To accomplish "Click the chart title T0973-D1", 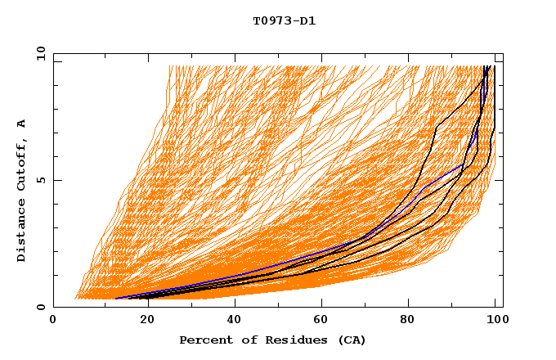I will point(284,20).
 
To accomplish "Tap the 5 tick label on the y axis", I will point(40,180).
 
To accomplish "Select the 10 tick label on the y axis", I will point(38,53).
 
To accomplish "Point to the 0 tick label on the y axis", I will point(40,307).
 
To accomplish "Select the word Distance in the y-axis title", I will point(21,231).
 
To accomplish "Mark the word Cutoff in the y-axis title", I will point(21,166).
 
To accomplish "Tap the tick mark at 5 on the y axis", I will point(56,180).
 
